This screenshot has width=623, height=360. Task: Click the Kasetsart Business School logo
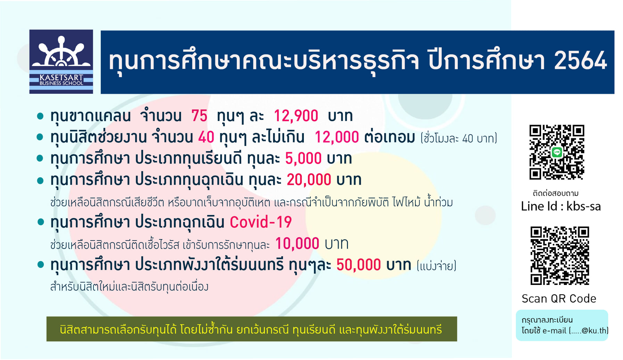tap(61, 62)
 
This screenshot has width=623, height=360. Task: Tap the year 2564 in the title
tap(580, 61)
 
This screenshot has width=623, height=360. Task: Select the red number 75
tap(199, 116)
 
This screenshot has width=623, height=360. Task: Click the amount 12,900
tap(296, 116)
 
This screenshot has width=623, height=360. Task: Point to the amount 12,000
tap(337, 137)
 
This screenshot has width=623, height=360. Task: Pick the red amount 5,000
tap(303, 158)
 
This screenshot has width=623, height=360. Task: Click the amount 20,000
tap(309, 180)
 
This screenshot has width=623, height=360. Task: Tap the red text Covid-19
tap(261, 222)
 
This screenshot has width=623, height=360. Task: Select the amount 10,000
tap(297, 244)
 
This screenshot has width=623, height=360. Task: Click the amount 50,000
tap(358, 265)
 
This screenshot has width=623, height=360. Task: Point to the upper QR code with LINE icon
tap(557, 152)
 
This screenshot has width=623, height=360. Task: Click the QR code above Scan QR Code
tap(560, 256)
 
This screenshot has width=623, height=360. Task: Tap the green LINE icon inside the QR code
tap(557, 152)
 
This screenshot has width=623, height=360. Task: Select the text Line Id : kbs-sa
tap(561, 206)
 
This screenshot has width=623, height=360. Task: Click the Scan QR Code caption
tap(559, 298)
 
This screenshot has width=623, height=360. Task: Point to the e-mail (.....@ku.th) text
tap(575, 330)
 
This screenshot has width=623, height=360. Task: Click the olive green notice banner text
tap(251, 329)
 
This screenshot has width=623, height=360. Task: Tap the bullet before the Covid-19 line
tap(40, 222)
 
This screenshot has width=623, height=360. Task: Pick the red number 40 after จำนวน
tap(206, 137)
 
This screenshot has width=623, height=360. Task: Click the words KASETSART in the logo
tap(61, 77)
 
